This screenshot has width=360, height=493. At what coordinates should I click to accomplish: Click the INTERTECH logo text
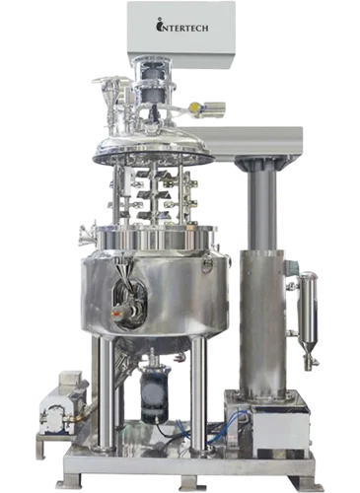[x=181, y=26]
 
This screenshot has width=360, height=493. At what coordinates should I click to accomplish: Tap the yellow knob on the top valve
[x=194, y=106]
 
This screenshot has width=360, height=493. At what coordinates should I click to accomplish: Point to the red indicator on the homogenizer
[x=115, y=314]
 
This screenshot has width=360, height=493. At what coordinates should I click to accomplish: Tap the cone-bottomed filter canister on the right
[x=307, y=317]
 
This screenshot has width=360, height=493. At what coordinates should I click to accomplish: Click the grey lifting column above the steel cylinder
[x=261, y=210]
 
